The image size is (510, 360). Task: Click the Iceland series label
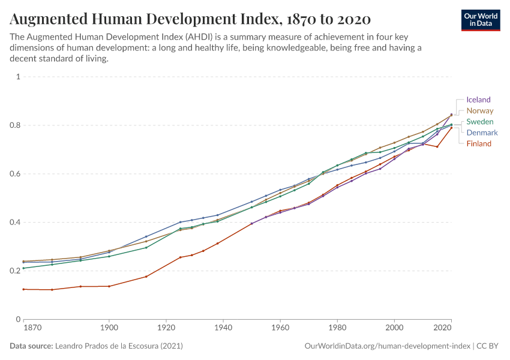[x=478, y=100]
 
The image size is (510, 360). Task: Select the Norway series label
[x=480, y=110]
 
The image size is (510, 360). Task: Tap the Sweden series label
[x=480, y=122]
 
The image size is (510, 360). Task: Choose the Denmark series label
[x=482, y=133]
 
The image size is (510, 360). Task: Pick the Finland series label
[x=479, y=144]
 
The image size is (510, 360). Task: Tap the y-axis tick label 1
[x=18, y=76]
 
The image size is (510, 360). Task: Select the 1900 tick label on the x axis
[x=109, y=328]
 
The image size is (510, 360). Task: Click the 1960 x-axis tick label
[x=280, y=328]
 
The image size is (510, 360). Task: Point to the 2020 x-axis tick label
[x=442, y=328]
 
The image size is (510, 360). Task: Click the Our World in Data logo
[x=481, y=20]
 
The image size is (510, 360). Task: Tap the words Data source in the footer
[x=31, y=346]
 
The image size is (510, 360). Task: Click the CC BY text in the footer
[x=487, y=346]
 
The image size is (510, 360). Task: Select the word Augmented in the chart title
[x=49, y=19]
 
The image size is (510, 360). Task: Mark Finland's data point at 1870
[x=23, y=289]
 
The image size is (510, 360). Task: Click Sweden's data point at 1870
[x=23, y=268]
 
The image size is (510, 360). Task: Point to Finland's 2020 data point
[x=451, y=128]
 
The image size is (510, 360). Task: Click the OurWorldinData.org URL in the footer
[x=388, y=346]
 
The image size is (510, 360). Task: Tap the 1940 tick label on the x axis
[x=223, y=328]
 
